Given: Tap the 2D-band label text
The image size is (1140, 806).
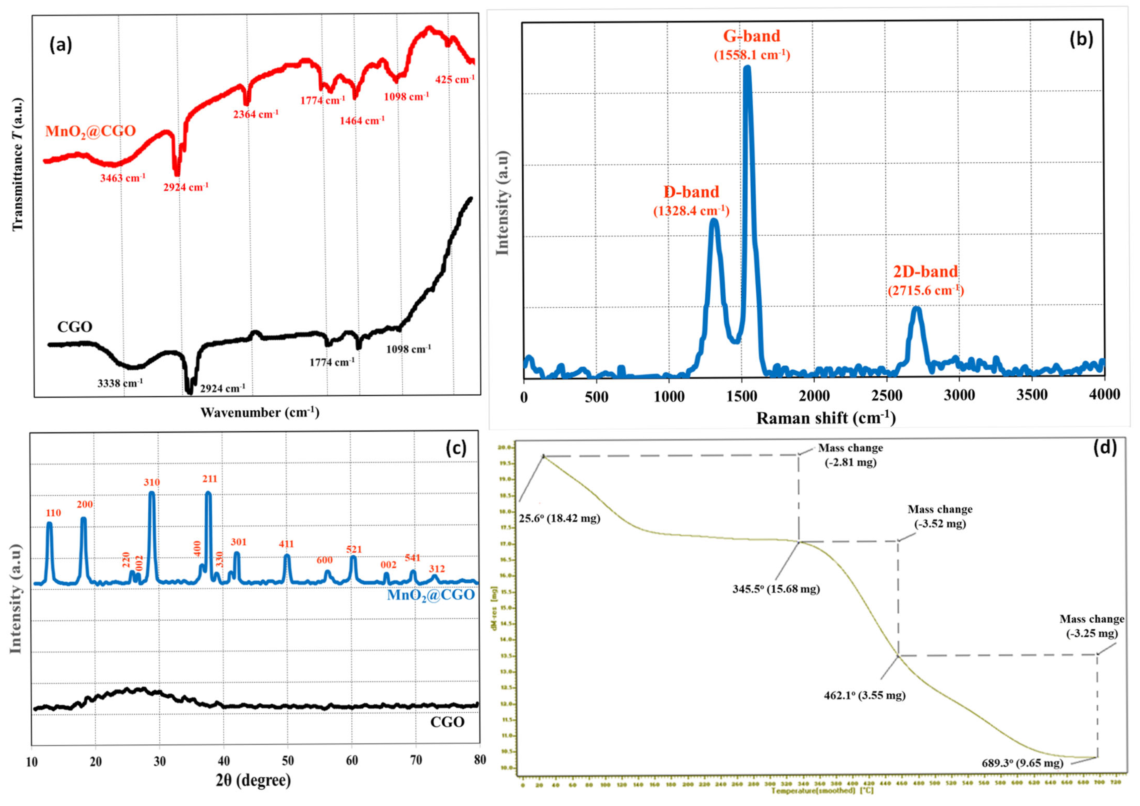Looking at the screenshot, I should coord(926,272).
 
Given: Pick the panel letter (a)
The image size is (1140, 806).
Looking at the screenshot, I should coord(61,45).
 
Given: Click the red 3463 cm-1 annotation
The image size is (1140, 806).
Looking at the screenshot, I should coord(123,177).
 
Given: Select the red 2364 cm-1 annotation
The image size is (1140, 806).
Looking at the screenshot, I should coord(256,114).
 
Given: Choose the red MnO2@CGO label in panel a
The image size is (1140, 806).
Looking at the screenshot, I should coord(90,131).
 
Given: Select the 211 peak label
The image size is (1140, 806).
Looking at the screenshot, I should coord(209,479).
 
